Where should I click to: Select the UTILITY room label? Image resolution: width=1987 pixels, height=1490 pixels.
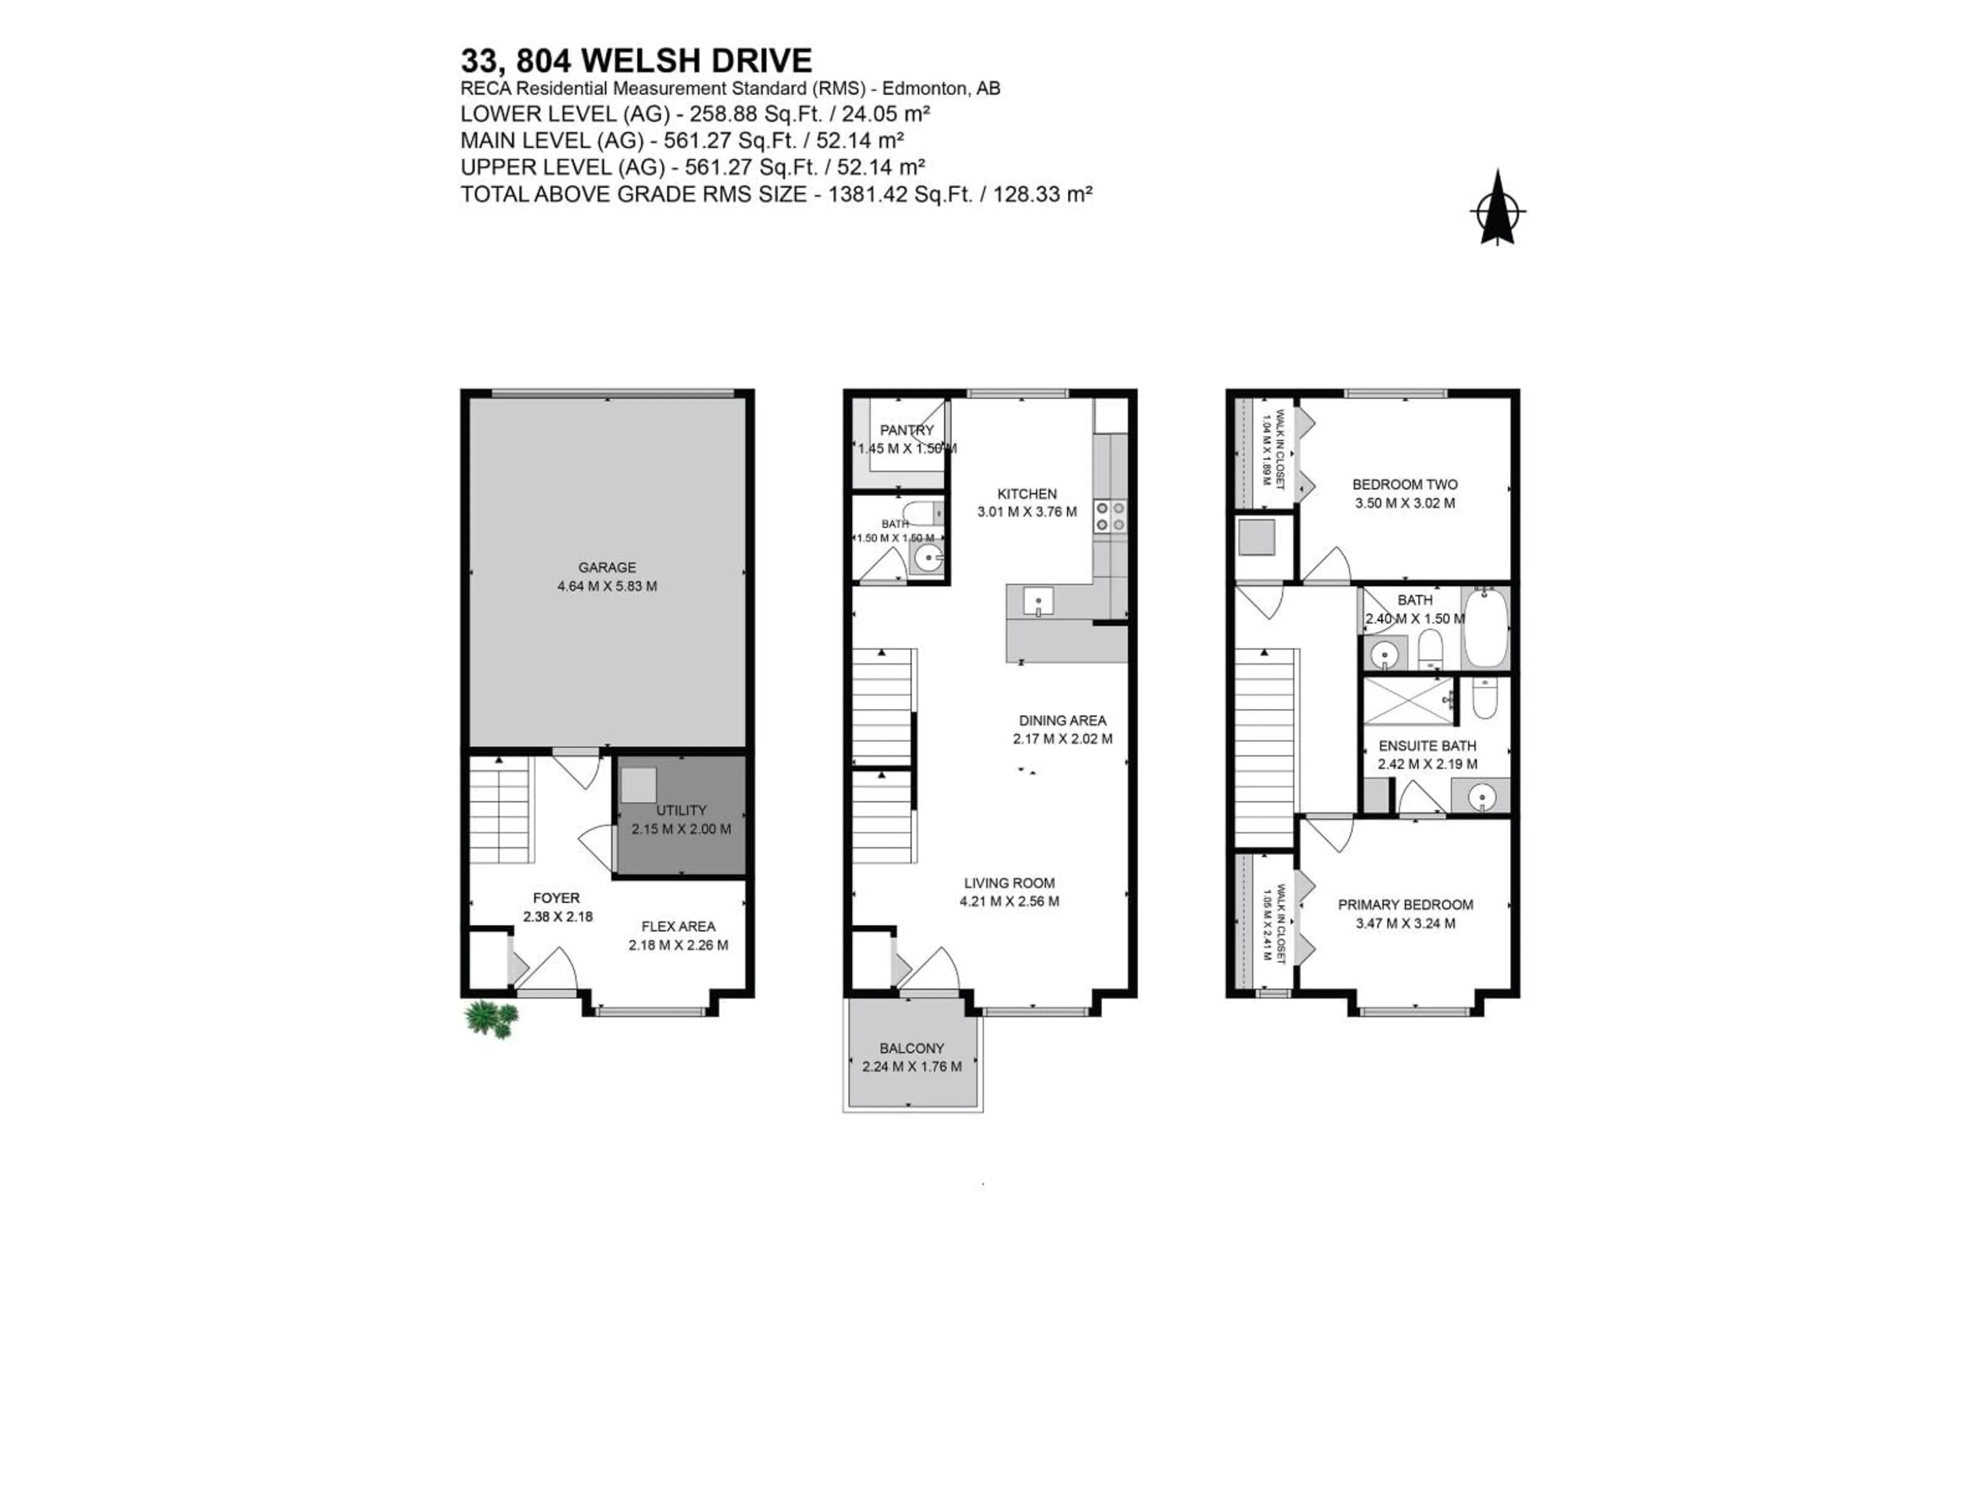click(681, 810)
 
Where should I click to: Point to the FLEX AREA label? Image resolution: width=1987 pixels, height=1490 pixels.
click(678, 926)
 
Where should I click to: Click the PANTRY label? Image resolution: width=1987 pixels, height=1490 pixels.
click(907, 430)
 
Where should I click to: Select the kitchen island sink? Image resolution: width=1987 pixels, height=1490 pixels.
click(1039, 601)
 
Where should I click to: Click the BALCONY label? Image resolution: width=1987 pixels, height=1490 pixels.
click(912, 1048)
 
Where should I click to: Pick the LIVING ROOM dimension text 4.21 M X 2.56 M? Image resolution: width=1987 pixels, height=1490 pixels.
click(1009, 902)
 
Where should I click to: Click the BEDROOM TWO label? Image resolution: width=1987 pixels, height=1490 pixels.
click(1405, 485)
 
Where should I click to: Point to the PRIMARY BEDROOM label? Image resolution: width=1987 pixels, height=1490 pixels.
click(1405, 904)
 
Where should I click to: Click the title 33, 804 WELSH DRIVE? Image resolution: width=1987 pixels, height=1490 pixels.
click(636, 60)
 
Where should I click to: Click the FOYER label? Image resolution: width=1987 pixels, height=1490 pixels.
click(556, 898)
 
